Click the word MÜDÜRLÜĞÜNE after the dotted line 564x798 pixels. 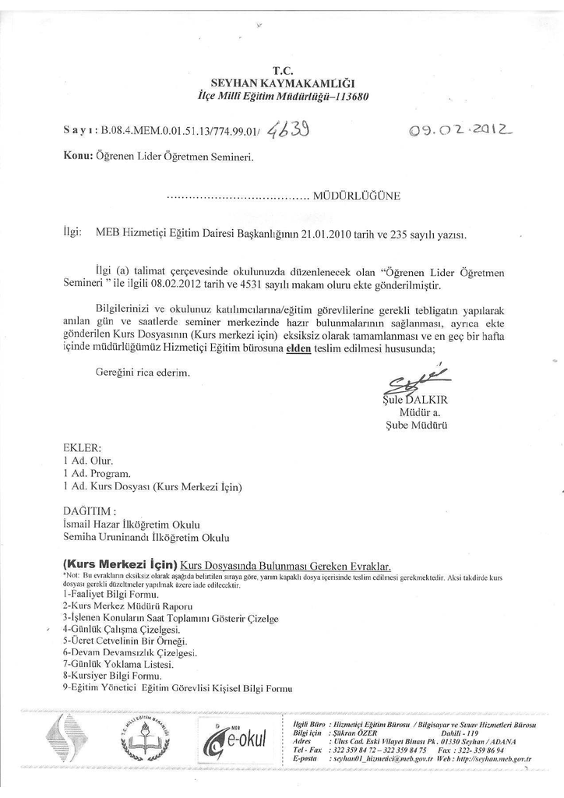pyautogui.click(x=356, y=196)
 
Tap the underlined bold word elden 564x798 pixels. pyautogui.click(x=299, y=349)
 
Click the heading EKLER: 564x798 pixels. pyautogui.click(x=82, y=448)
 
